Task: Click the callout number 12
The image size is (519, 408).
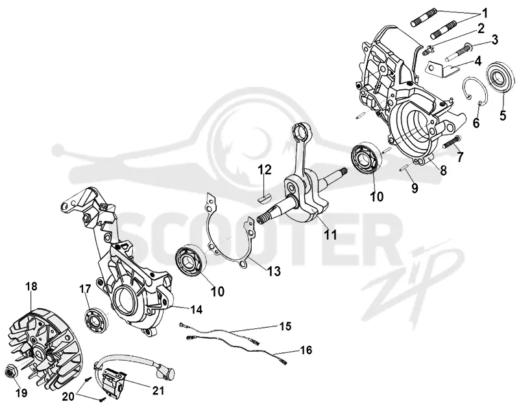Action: pyautogui.click(x=265, y=170)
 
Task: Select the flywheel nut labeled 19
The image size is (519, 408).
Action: pyautogui.click(x=10, y=372)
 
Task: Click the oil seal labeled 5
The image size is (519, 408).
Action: pyautogui.click(x=501, y=78)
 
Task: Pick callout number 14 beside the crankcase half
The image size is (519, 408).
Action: pyautogui.click(x=197, y=309)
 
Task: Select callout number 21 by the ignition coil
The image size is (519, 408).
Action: pyautogui.click(x=158, y=390)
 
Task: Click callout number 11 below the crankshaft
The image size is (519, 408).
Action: pyautogui.click(x=330, y=234)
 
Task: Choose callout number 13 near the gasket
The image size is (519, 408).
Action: pyautogui.click(x=274, y=271)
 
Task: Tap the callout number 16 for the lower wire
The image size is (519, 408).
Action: pyautogui.click(x=306, y=350)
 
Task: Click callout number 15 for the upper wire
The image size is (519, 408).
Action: pyautogui.click(x=285, y=326)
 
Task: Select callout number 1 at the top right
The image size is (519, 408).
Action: pyautogui.click(x=484, y=14)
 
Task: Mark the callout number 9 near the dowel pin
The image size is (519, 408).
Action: pyautogui.click(x=415, y=188)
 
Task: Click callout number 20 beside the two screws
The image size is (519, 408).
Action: pyautogui.click(x=69, y=396)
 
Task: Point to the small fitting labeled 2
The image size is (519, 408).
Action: pyautogui.click(x=427, y=51)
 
